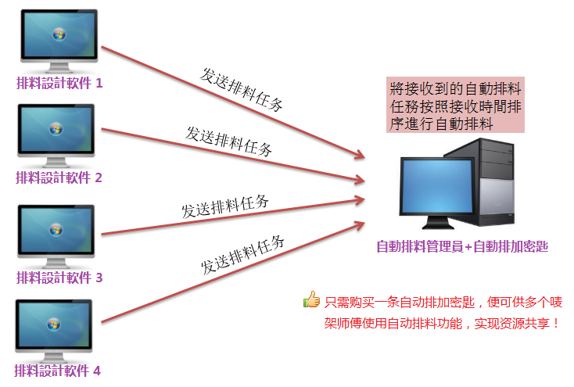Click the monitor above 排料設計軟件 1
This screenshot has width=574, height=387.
click(x=59, y=41)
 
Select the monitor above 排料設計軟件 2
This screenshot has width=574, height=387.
click(x=56, y=135)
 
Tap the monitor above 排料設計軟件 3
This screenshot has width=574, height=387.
click(x=56, y=236)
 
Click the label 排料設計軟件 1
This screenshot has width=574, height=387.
click(x=59, y=83)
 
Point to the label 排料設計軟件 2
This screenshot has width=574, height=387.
click(x=59, y=177)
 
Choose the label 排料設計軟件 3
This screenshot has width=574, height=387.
click(x=59, y=278)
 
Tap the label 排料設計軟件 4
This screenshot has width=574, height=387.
click(x=57, y=371)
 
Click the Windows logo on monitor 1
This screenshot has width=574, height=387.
click(x=59, y=34)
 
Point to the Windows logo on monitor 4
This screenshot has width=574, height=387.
click(x=53, y=324)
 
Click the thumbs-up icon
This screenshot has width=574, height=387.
click(x=311, y=299)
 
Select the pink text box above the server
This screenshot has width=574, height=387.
click(x=455, y=105)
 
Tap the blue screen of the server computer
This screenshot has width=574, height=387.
click(x=437, y=186)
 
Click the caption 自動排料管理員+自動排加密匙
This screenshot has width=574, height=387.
click(x=462, y=246)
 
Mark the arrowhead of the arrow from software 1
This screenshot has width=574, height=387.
click(x=360, y=155)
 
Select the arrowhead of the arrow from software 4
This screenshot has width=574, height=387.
click(x=359, y=225)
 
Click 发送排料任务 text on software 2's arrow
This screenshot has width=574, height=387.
click(x=229, y=142)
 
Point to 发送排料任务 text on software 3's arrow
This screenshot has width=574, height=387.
click(x=225, y=206)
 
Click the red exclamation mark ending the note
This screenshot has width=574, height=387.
click(x=557, y=324)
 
